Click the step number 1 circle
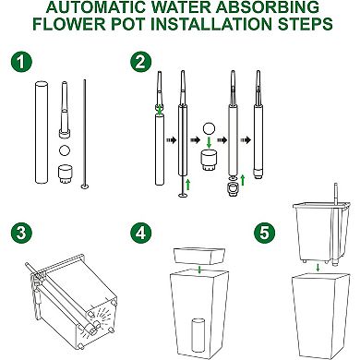(18, 66)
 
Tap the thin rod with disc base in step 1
(86, 134)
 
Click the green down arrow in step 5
(316, 270)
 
